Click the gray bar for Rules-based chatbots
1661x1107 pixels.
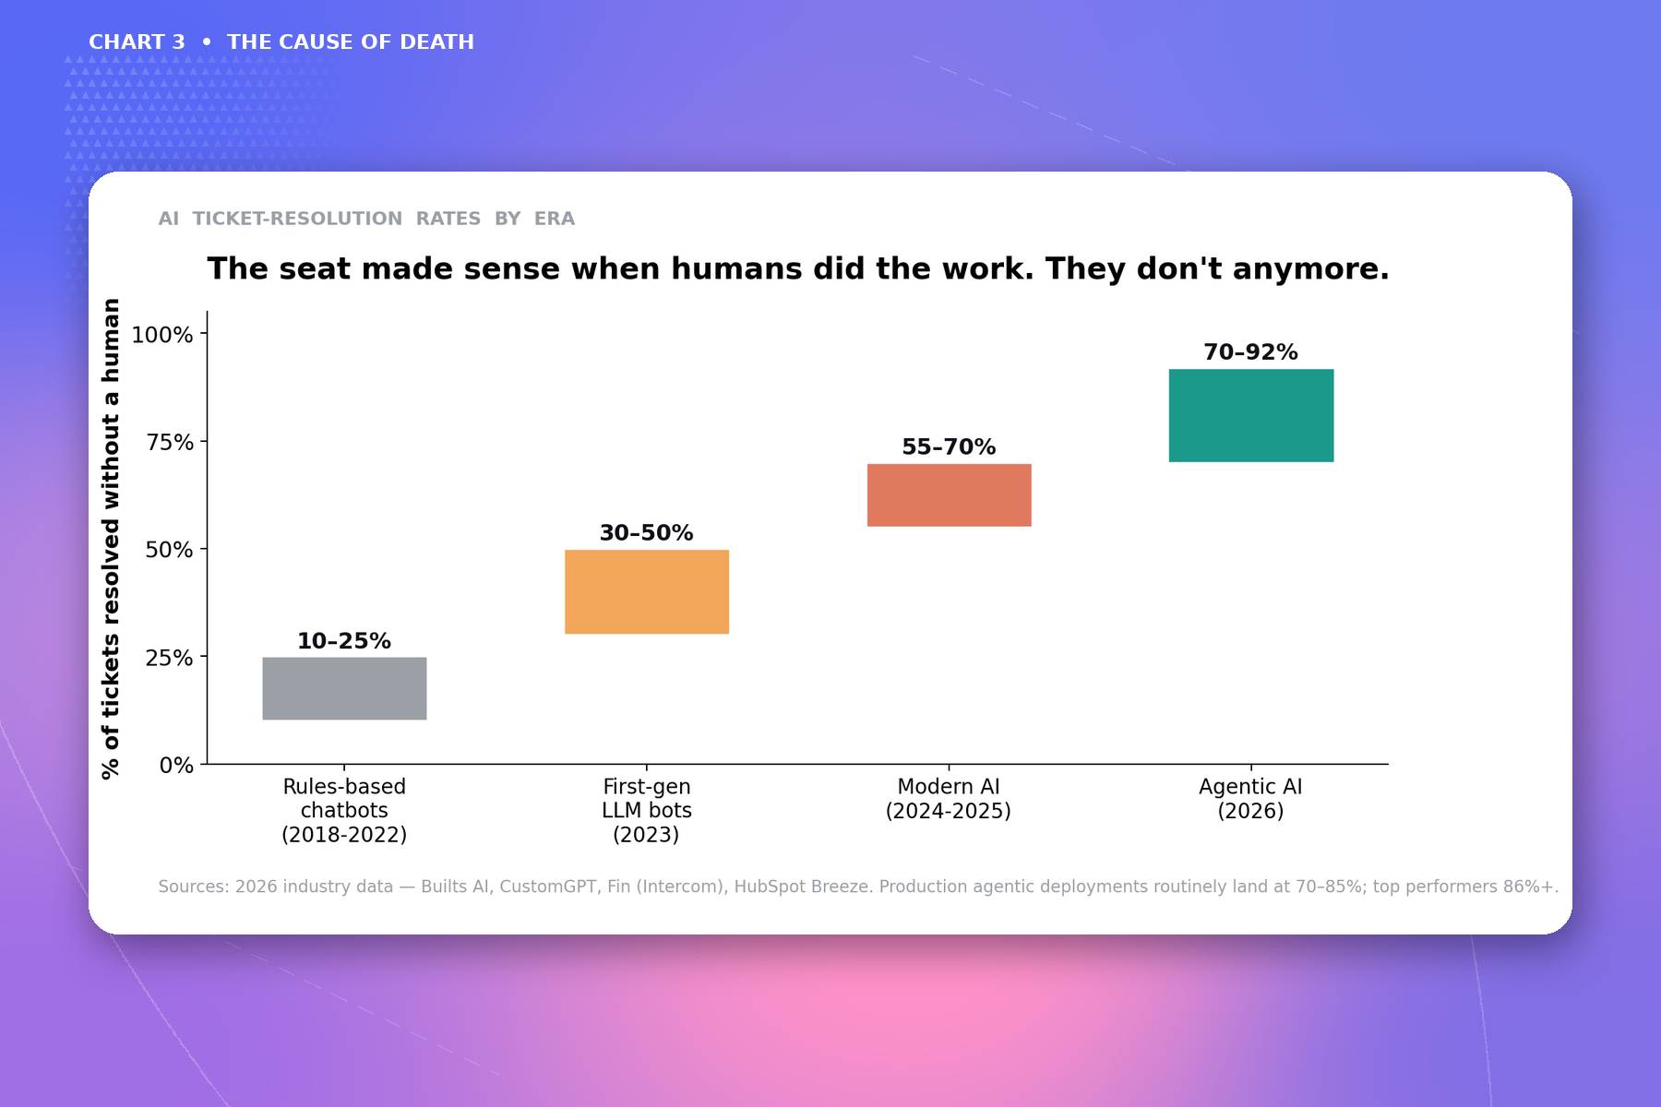tap(344, 688)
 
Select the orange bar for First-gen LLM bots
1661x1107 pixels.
tap(647, 591)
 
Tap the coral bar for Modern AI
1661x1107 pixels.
tap(949, 495)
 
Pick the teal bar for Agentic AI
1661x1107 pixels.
tap(1251, 415)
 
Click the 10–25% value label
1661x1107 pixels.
tap(344, 641)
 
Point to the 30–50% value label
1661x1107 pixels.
tap(646, 533)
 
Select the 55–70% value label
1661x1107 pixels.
tap(949, 447)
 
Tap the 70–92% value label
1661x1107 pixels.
tap(1250, 352)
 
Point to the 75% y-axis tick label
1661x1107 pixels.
tap(170, 443)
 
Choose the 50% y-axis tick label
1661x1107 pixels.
tap(170, 550)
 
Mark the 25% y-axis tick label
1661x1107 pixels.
tap(170, 658)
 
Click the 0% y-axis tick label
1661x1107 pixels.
tap(176, 766)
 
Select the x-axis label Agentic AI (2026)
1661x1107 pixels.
tap(1250, 799)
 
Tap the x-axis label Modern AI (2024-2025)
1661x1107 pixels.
tap(949, 799)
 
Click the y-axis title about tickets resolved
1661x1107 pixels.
tap(111, 539)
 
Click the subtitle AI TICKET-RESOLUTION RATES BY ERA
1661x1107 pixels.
tap(366, 219)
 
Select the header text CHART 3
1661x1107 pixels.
tap(137, 42)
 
